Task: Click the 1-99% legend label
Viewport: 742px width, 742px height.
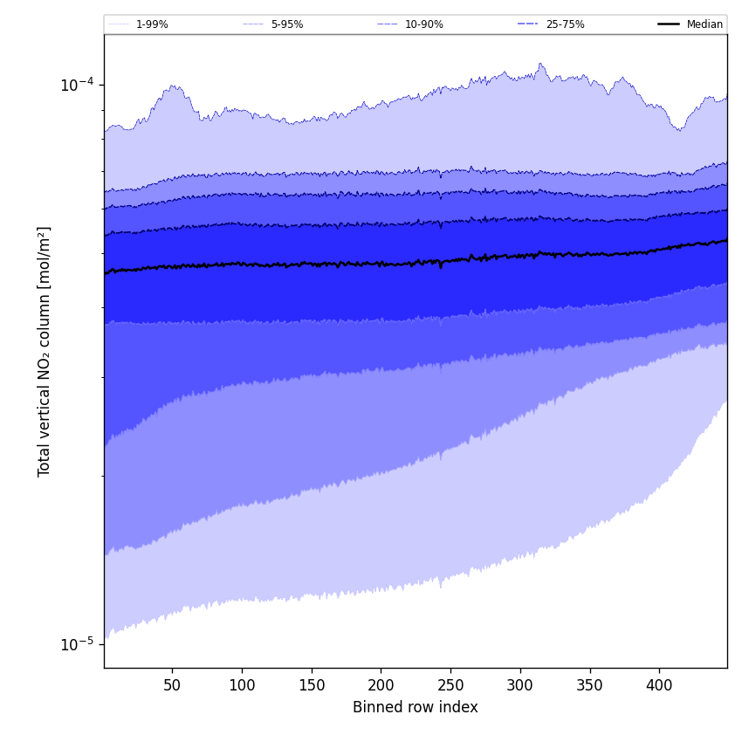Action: coord(152,24)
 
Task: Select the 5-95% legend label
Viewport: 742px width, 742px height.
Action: coord(287,24)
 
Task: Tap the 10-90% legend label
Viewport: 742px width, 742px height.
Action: coord(423,24)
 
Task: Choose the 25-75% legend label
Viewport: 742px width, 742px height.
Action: coord(565,24)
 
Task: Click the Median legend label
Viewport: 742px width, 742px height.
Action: coord(704,24)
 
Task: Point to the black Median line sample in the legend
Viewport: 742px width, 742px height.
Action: coord(669,24)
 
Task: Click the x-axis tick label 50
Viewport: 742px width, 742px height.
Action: coord(172,685)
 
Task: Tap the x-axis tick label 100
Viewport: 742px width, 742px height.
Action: coord(242,685)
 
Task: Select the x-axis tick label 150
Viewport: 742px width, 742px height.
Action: coord(312,685)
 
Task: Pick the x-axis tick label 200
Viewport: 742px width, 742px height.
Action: coord(381,685)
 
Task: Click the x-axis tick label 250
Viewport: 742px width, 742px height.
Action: coord(450,685)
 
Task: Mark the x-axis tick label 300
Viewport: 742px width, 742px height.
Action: coord(520,685)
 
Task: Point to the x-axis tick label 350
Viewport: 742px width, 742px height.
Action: coord(589,685)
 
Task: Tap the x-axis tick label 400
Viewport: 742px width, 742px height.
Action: coord(659,685)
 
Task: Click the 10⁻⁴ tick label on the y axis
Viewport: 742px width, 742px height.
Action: coord(76,85)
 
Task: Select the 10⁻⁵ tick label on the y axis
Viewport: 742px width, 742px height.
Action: coord(76,645)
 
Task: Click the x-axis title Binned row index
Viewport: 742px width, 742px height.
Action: coord(415,708)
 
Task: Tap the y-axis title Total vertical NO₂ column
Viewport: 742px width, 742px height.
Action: coord(45,351)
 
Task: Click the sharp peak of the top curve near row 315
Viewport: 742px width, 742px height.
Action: coord(541,64)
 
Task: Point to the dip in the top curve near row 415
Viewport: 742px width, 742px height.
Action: coord(679,130)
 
